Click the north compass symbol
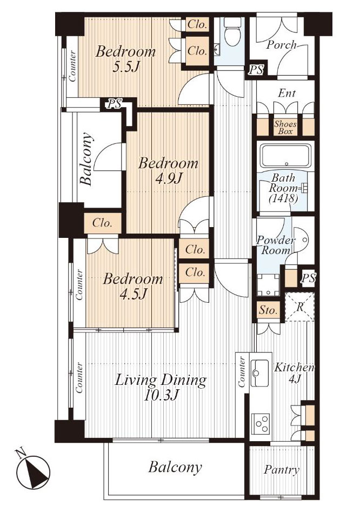click(32, 471)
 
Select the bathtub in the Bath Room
click(285, 156)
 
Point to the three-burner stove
click(261, 423)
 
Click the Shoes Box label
click(285, 128)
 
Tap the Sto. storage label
click(268, 310)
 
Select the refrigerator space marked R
click(299, 307)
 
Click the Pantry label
click(281, 470)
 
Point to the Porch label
click(281, 44)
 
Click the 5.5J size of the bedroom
click(125, 67)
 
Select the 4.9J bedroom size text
click(169, 178)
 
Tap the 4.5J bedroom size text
click(132, 294)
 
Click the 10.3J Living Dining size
click(161, 395)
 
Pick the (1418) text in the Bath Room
click(283, 198)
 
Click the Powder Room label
click(276, 245)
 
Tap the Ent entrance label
click(286, 94)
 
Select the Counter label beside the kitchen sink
click(242, 372)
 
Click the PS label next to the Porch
click(256, 70)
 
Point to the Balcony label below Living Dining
click(175, 467)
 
